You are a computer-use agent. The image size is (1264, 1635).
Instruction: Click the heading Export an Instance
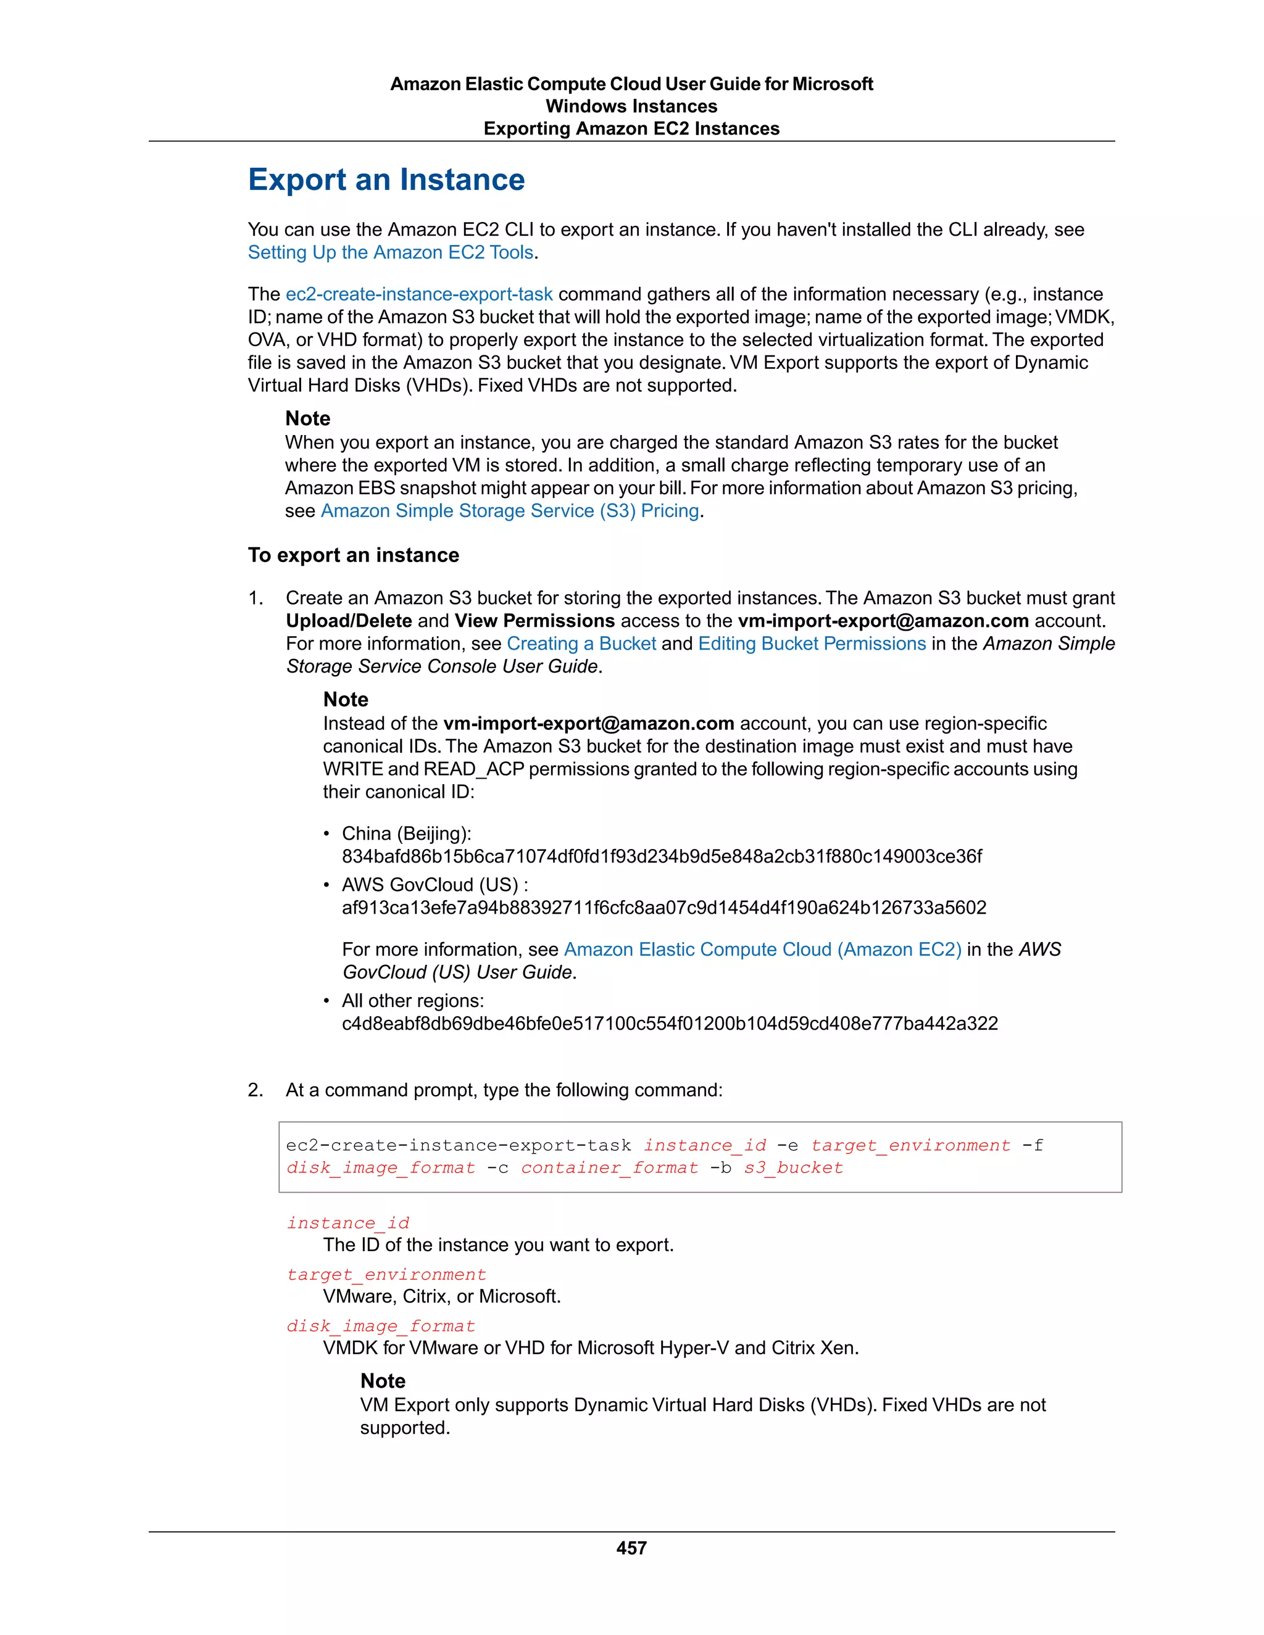point(386,180)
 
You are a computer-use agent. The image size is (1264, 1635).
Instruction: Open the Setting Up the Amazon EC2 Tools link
point(391,252)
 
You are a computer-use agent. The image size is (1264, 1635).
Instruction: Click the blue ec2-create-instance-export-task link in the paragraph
point(418,294)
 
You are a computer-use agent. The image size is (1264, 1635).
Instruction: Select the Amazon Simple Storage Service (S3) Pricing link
point(510,511)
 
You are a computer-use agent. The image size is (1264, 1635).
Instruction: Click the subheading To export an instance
point(354,555)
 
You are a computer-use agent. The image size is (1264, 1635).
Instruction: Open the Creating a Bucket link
point(581,644)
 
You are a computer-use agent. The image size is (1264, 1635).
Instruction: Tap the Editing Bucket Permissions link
point(812,644)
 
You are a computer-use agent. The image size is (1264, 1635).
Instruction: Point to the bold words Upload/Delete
point(349,621)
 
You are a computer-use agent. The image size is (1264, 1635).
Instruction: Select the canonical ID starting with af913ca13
point(664,908)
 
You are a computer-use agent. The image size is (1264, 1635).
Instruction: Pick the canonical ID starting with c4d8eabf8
point(670,1024)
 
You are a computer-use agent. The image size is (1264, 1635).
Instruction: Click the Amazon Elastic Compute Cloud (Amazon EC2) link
point(762,950)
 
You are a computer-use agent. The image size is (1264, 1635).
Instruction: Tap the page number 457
point(631,1548)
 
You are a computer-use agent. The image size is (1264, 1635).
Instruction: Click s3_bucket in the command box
point(793,1168)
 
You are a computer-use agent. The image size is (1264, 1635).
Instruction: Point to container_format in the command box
point(610,1168)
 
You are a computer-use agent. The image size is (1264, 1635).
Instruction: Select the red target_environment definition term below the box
point(386,1274)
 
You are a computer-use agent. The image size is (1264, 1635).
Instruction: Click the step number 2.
point(256,1090)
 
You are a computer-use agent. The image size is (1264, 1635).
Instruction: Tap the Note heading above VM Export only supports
point(383,1381)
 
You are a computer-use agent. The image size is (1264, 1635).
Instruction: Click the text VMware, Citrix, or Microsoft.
point(442,1297)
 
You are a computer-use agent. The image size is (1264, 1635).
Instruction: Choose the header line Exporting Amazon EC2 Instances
point(631,129)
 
